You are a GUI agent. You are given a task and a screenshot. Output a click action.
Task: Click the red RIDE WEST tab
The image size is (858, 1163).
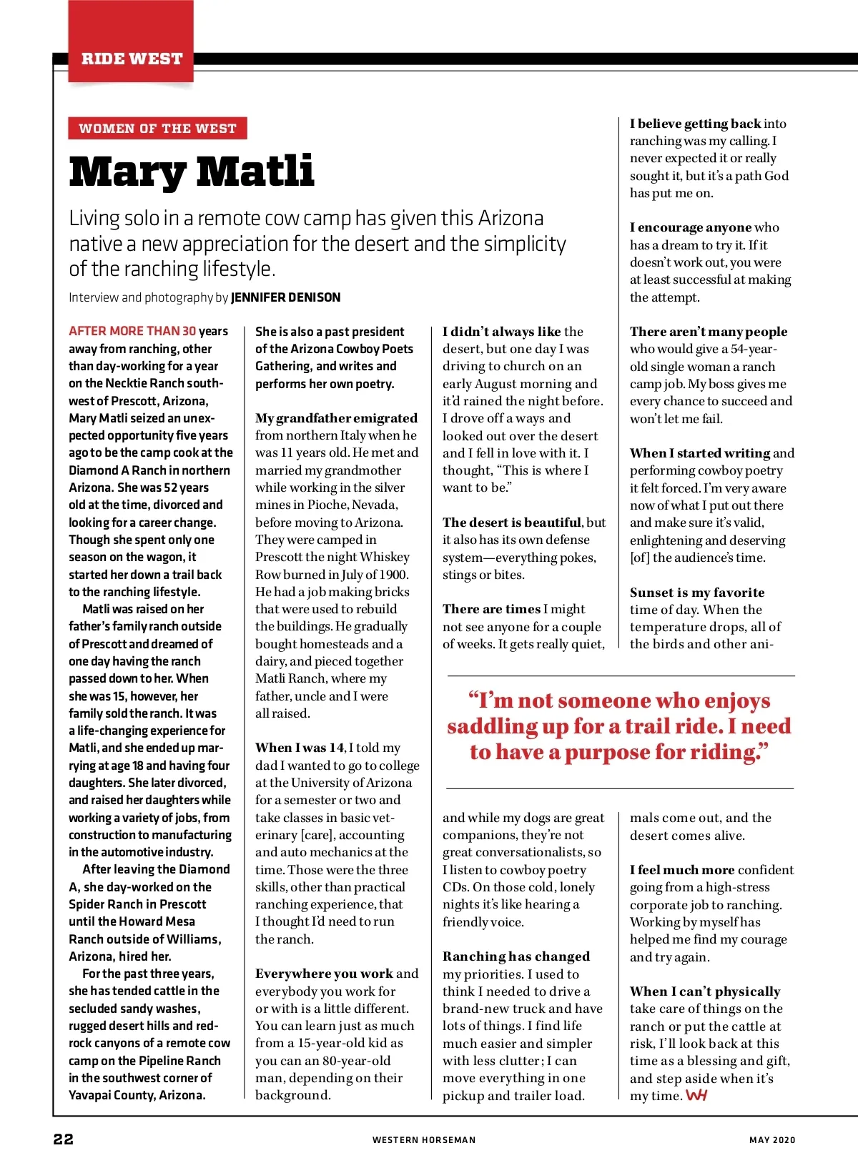pyautogui.click(x=132, y=59)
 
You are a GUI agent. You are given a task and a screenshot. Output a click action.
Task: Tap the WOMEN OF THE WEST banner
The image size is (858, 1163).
pyautogui.click(x=157, y=129)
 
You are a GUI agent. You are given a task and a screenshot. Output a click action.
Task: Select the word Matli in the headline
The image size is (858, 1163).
pyautogui.click(x=255, y=172)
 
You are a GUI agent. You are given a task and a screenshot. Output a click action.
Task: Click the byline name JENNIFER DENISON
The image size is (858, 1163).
pyautogui.click(x=285, y=297)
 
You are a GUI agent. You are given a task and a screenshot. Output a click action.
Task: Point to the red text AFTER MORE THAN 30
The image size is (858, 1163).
pyautogui.click(x=132, y=331)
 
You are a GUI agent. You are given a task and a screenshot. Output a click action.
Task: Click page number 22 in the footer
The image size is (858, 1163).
pyautogui.click(x=64, y=1139)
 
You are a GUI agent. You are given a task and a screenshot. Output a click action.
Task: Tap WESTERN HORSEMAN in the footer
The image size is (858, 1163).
pyautogui.click(x=423, y=1140)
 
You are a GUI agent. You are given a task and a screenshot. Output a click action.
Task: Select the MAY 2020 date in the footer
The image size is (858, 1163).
pyautogui.click(x=771, y=1140)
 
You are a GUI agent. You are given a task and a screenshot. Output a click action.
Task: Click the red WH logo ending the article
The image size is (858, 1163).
pyautogui.click(x=696, y=1096)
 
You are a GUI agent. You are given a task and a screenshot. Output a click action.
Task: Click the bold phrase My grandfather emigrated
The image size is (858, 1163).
pyautogui.click(x=336, y=418)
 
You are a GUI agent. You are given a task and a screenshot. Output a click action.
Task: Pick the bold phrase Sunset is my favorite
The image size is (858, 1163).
pyautogui.click(x=697, y=593)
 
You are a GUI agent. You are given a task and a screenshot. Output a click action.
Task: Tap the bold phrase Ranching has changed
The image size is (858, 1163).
pyautogui.click(x=516, y=956)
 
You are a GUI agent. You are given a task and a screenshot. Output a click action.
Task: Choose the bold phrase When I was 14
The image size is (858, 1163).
pyautogui.click(x=300, y=748)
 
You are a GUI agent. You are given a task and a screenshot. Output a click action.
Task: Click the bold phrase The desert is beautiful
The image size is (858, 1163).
pyautogui.click(x=512, y=523)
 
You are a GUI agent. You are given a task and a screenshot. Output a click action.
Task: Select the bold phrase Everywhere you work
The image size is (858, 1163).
pyautogui.click(x=324, y=974)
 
